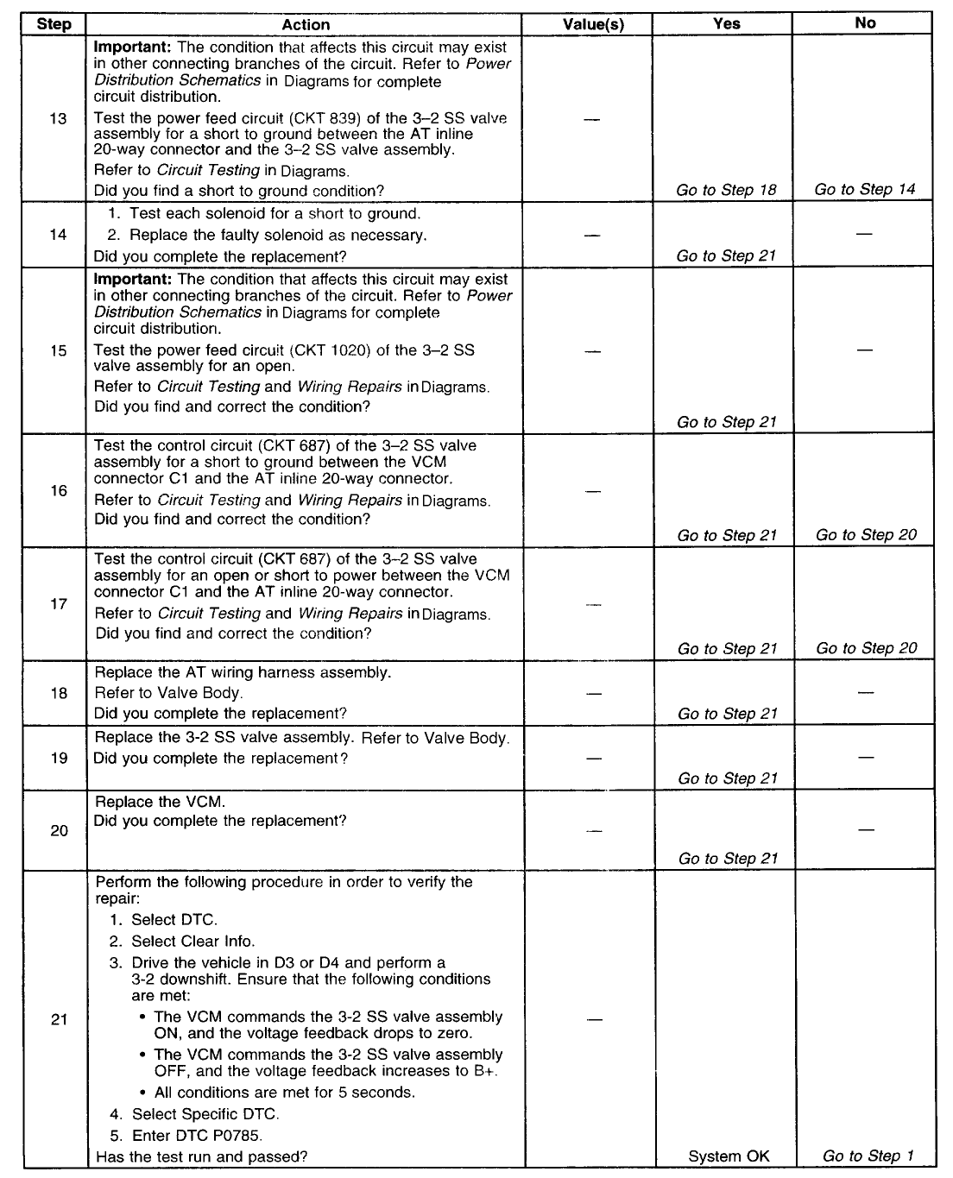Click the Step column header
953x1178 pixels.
(x=54, y=24)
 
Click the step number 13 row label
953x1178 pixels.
(x=58, y=118)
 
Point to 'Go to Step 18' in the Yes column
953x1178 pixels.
(x=727, y=190)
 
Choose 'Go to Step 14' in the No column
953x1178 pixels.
(x=865, y=189)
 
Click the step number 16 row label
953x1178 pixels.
(x=59, y=490)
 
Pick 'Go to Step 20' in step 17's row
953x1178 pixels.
(x=867, y=648)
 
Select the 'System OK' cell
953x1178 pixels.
(x=729, y=1156)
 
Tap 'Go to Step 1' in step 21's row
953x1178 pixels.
(x=868, y=1156)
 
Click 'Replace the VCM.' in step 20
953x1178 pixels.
(x=160, y=802)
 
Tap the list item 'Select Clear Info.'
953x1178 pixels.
(x=192, y=942)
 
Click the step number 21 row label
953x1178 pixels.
(x=59, y=1019)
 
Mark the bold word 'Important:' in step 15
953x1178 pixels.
(x=133, y=280)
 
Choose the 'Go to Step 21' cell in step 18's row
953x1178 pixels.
(x=728, y=714)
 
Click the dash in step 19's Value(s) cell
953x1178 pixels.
(x=592, y=758)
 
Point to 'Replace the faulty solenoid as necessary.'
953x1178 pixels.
(x=279, y=235)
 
